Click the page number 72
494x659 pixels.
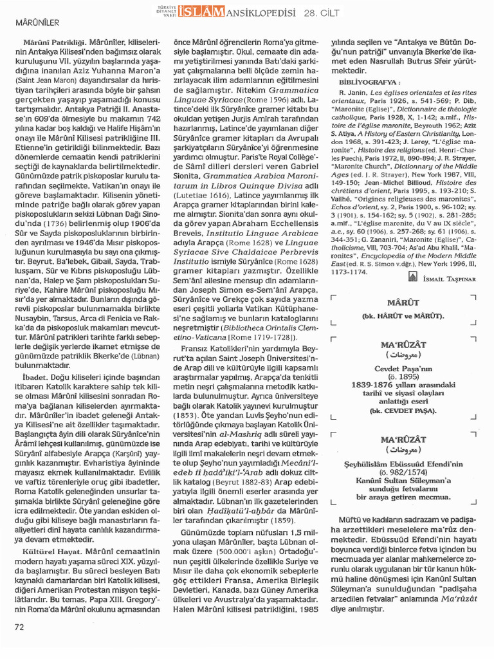click(19, 626)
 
